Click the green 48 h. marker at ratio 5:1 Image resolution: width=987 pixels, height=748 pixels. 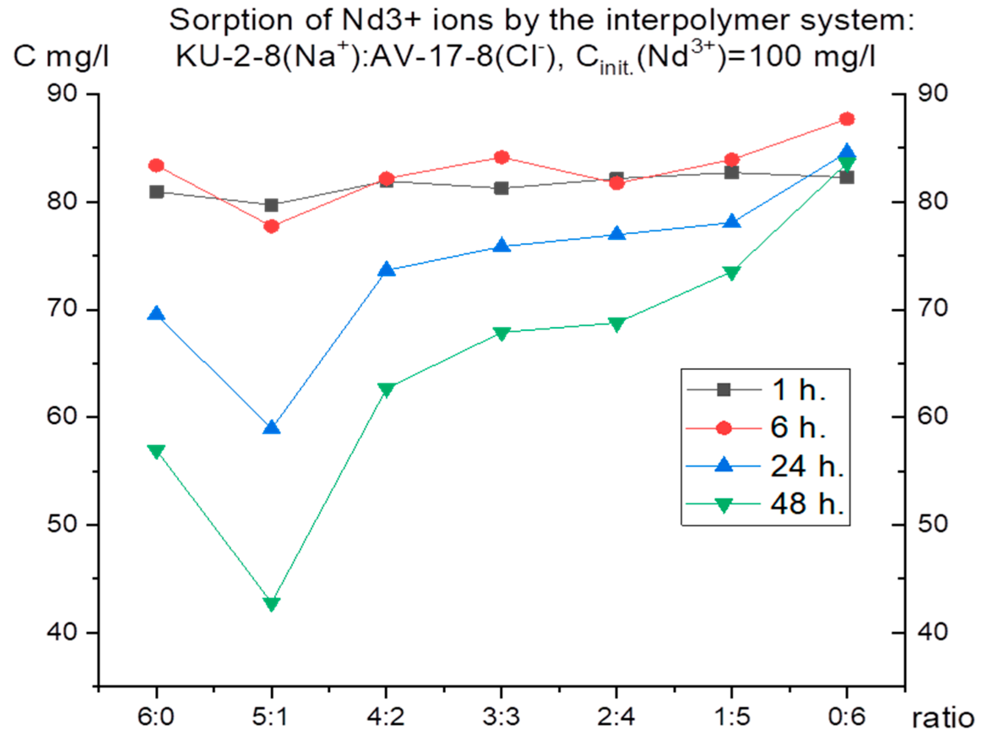point(271,604)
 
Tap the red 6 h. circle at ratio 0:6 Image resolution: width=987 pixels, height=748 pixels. point(846,119)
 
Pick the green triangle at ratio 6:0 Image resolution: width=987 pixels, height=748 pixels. point(156,451)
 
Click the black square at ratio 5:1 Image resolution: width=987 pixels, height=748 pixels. point(271,205)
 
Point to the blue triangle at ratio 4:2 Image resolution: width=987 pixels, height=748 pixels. point(386,270)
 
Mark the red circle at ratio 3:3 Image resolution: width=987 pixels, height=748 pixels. point(502,157)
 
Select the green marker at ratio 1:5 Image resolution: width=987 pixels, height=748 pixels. point(731,273)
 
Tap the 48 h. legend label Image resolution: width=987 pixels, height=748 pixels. point(807,504)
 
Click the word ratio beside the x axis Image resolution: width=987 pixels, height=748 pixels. point(942,718)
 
